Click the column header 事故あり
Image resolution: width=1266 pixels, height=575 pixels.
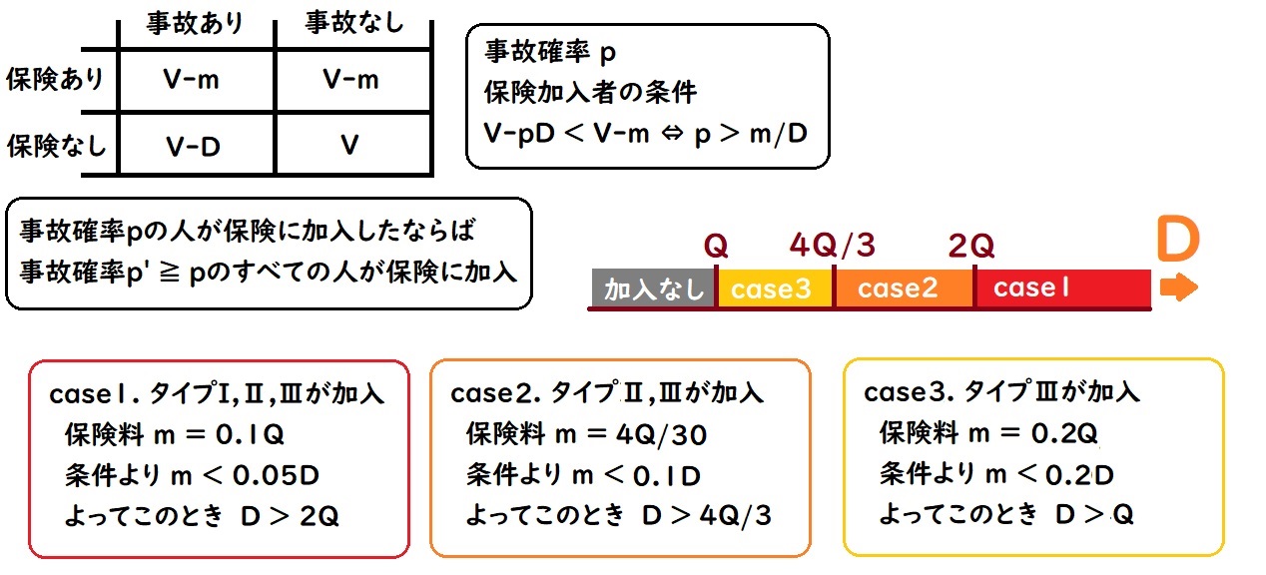tap(194, 24)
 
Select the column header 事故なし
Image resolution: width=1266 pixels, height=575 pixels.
tap(352, 24)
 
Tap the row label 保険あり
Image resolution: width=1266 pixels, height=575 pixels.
tap(55, 80)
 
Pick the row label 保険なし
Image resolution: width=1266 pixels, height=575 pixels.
tap(55, 146)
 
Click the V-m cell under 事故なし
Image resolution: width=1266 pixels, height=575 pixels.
tap(351, 80)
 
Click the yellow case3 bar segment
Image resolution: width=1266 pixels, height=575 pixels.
tap(774, 288)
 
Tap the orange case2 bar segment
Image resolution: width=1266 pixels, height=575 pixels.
tap(903, 288)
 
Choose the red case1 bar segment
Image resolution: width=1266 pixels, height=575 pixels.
tap(1061, 288)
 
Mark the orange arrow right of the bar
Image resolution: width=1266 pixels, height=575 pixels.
tap(1179, 288)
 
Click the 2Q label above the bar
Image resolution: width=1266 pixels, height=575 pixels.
tap(972, 246)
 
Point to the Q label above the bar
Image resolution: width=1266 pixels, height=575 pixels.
tap(715, 246)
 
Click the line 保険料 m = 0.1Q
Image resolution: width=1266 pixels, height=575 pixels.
tap(175, 434)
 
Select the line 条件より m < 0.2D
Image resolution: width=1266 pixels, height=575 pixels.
tap(995, 474)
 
